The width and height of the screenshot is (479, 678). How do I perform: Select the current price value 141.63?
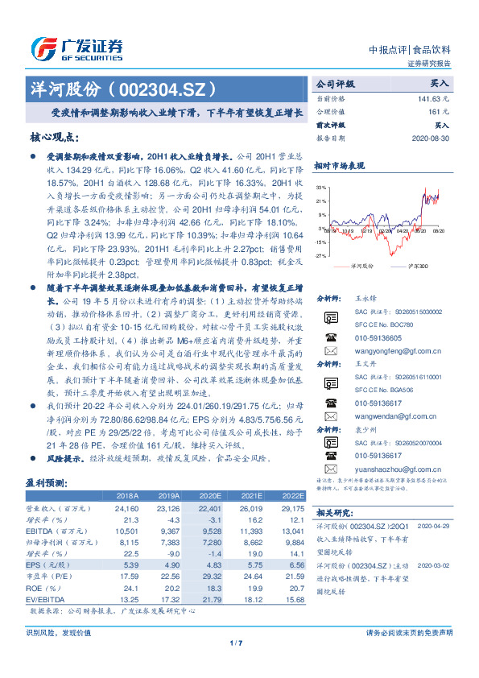pyautogui.click(x=432, y=98)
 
